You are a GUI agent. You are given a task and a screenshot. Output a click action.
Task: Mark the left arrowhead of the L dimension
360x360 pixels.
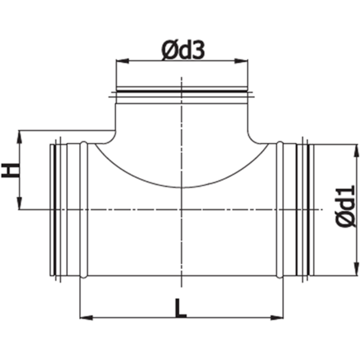click(85, 316)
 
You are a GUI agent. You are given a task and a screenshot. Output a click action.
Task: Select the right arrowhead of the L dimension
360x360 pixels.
click(278, 316)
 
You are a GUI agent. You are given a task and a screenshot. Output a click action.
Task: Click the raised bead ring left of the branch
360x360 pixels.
click(84, 210)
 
